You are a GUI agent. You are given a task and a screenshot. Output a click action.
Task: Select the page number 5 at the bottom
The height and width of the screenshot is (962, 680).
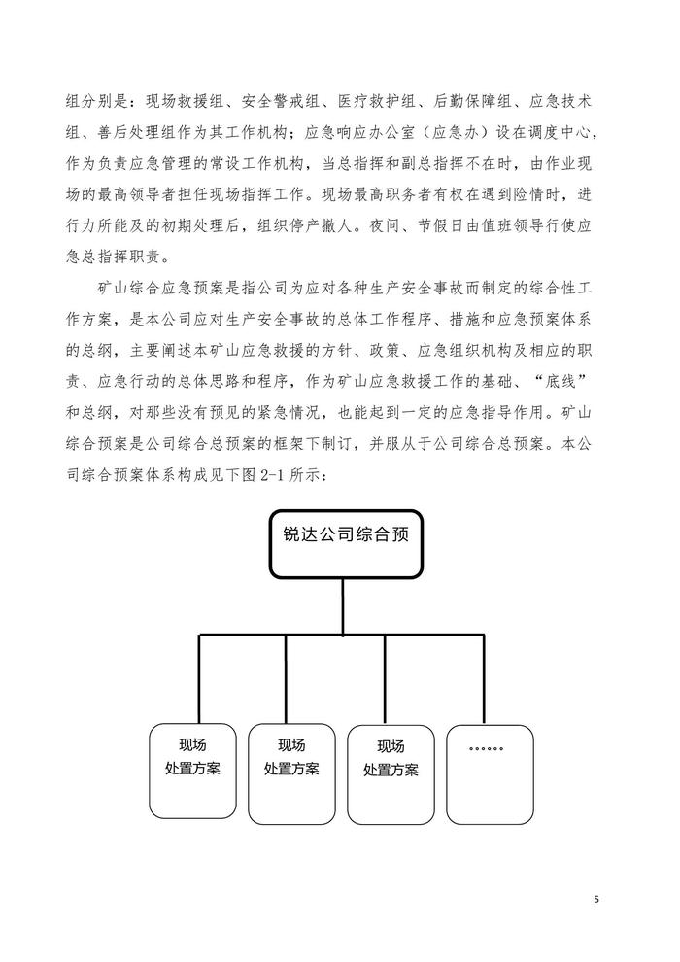click(x=596, y=900)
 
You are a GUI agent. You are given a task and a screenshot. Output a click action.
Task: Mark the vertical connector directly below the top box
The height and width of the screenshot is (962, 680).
click(x=343, y=608)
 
